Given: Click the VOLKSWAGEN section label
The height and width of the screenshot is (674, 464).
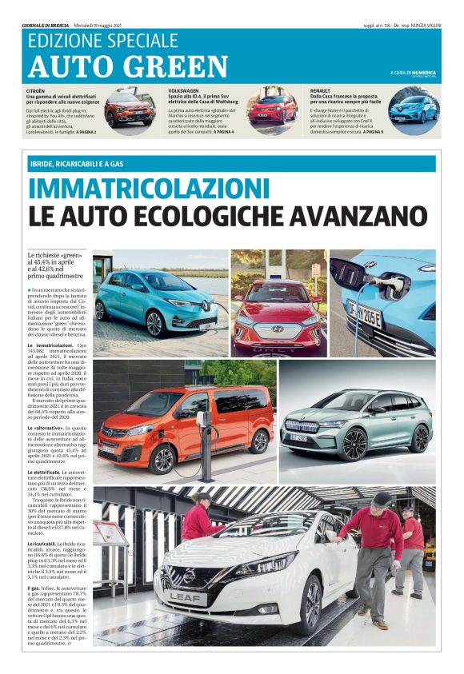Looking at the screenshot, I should (x=185, y=92).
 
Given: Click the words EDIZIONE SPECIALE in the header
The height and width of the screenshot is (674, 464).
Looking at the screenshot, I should (x=102, y=39).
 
